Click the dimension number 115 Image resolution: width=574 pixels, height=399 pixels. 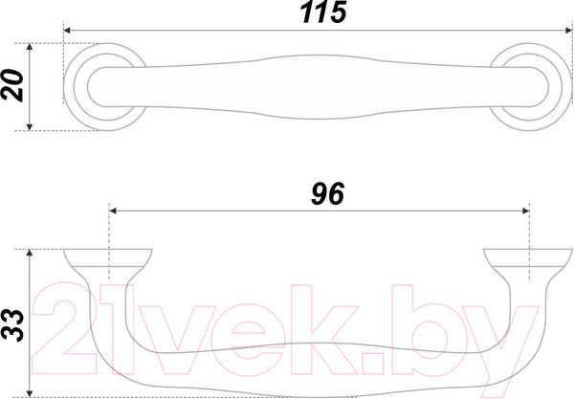point(323,12)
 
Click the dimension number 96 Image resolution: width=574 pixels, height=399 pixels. point(327,193)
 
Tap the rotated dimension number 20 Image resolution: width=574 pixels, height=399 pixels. point(12,85)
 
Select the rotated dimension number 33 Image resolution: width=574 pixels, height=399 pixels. point(12,324)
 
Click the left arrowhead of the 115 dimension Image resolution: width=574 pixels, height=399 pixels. point(67,31)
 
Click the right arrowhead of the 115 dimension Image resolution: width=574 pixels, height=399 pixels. point(568,31)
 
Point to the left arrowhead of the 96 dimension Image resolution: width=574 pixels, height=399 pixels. point(113,211)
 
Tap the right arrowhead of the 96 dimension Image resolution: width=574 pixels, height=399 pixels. point(525,211)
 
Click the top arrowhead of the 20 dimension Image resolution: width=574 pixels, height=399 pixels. point(30,47)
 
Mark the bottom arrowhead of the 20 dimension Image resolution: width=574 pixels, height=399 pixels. point(30,127)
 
